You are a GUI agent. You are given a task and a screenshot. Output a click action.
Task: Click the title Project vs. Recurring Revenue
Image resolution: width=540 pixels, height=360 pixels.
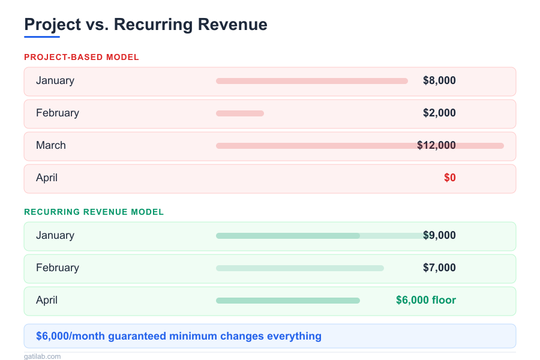coord(145,25)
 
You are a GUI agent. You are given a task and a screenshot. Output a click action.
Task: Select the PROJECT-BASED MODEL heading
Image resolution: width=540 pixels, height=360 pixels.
coord(82,57)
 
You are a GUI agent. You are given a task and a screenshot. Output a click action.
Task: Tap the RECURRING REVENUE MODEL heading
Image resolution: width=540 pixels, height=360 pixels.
coord(94,212)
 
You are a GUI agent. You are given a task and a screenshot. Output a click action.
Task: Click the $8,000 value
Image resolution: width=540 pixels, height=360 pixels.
coord(439,80)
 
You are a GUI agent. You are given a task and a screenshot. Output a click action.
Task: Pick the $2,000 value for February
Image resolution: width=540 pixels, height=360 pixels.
coord(439,113)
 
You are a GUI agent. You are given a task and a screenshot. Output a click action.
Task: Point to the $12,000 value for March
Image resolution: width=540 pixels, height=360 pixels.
coord(436,145)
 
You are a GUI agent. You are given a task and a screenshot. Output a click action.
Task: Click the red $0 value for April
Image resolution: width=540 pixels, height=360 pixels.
coord(449,178)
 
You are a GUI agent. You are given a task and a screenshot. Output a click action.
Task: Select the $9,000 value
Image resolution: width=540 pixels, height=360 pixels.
coord(439,235)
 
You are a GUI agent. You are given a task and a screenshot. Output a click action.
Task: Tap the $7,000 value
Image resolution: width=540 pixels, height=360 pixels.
coord(439,268)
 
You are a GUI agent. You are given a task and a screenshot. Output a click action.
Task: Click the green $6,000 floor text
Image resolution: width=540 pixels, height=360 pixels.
coord(426,300)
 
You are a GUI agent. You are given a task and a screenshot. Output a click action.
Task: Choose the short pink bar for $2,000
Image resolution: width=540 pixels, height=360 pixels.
coord(239,113)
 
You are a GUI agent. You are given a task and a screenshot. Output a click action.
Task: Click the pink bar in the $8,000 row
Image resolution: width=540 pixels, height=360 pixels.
coord(311,81)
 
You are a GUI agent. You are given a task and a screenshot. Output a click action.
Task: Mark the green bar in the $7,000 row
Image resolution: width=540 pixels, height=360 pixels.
coord(299,268)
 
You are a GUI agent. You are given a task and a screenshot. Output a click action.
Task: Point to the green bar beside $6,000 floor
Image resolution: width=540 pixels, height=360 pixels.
coord(287,301)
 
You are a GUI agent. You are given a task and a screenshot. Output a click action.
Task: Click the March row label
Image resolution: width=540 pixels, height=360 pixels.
coord(51,145)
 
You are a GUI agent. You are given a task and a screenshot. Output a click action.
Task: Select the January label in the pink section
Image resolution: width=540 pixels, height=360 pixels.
coord(55,80)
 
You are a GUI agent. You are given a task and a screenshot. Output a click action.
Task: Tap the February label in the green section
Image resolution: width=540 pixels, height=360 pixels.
coord(58,268)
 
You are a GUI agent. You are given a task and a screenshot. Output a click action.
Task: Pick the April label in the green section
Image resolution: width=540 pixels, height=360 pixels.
coord(47,300)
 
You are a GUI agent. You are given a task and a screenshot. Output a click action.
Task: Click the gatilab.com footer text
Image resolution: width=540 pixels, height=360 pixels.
coord(42,356)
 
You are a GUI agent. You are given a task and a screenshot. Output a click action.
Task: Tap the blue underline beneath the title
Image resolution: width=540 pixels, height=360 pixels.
coord(42,37)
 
